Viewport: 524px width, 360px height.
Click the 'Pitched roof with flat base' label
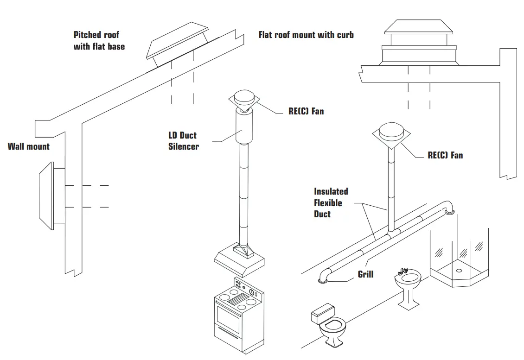[99, 41]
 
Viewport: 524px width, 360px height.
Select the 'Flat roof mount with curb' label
[306, 35]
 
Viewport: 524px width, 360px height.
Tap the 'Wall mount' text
[29, 146]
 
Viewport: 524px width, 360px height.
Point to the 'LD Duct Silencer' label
[183, 141]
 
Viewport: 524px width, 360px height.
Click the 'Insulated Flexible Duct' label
[331, 202]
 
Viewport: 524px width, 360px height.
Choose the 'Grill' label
[365, 274]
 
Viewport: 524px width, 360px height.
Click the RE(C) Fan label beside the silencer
[306, 111]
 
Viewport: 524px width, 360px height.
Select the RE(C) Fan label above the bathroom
[445, 155]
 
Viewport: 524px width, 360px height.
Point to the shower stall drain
[459, 270]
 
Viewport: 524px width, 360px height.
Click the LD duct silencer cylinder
[244, 127]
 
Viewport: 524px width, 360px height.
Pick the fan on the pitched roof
[176, 44]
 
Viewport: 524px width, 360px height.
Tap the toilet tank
[323, 313]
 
